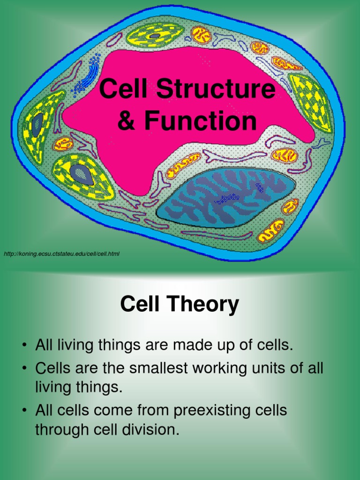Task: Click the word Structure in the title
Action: click(216, 88)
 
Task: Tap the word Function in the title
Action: click(200, 120)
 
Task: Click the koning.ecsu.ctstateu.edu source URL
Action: click(61, 254)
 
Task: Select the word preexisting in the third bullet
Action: click(230, 411)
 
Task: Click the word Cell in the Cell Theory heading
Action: click(140, 304)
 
